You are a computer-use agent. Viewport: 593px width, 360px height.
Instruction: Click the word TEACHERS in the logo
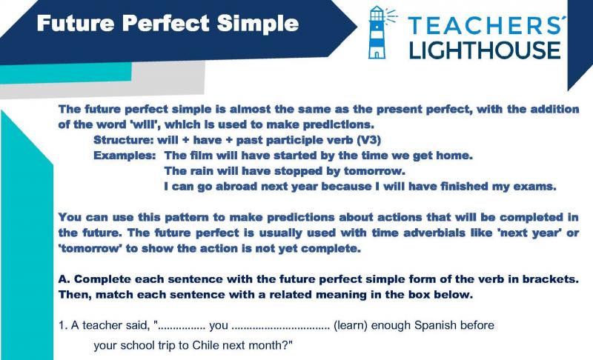coord(486,25)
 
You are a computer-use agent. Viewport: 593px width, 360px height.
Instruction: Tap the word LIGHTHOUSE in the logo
coord(485,50)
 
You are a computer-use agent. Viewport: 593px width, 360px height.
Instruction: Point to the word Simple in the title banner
coord(258,24)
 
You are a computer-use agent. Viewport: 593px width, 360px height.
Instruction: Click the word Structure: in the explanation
coord(124,140)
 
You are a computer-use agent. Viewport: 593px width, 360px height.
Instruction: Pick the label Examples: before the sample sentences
coord(125,156)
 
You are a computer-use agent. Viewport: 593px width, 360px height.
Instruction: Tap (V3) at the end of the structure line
coord(368,140)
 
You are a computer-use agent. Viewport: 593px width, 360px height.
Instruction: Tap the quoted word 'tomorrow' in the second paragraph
coord(88,248)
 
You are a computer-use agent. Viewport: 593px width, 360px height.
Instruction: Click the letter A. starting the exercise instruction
coord(64,279)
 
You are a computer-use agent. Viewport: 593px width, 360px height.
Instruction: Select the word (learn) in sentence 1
coord(350,326)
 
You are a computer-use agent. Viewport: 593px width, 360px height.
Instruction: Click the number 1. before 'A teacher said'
coord(63,325)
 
